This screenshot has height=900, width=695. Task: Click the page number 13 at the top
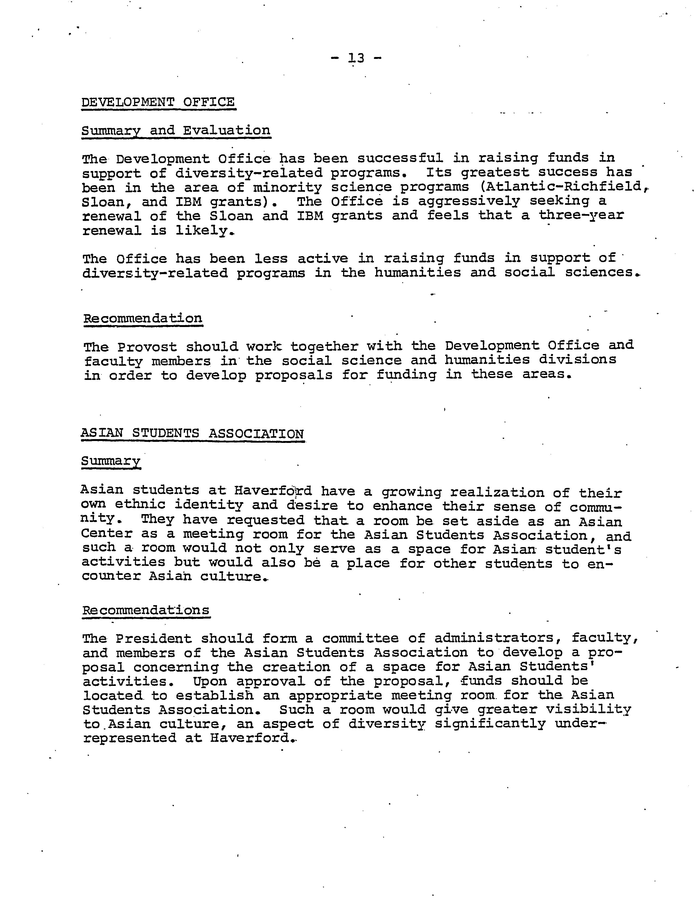(356, 58)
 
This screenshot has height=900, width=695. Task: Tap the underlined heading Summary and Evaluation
(176, 131)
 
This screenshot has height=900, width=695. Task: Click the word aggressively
(469, 201)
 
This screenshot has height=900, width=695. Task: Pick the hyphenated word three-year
(581, 215)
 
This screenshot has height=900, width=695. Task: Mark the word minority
(287, 188)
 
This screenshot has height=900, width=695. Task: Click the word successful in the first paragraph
(400, 158)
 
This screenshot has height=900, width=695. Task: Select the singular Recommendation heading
(143, 319)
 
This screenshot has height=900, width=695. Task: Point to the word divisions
(578, 360)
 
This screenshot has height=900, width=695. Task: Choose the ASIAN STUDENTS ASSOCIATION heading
(192, 434)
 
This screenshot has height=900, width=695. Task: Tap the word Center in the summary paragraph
(107, 534)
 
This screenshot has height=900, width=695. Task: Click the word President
(153, 639)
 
